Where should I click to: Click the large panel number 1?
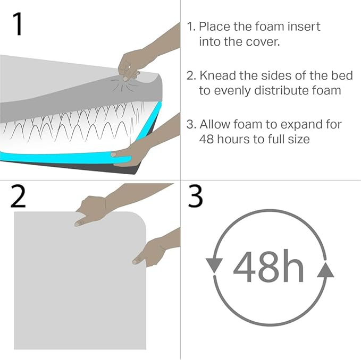[18, 24]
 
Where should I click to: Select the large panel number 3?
[195, 196]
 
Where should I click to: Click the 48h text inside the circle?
[268, 267]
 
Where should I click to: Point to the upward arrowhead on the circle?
[325, 270]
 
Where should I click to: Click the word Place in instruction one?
[214, 27]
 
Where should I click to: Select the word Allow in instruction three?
[215, 124]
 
